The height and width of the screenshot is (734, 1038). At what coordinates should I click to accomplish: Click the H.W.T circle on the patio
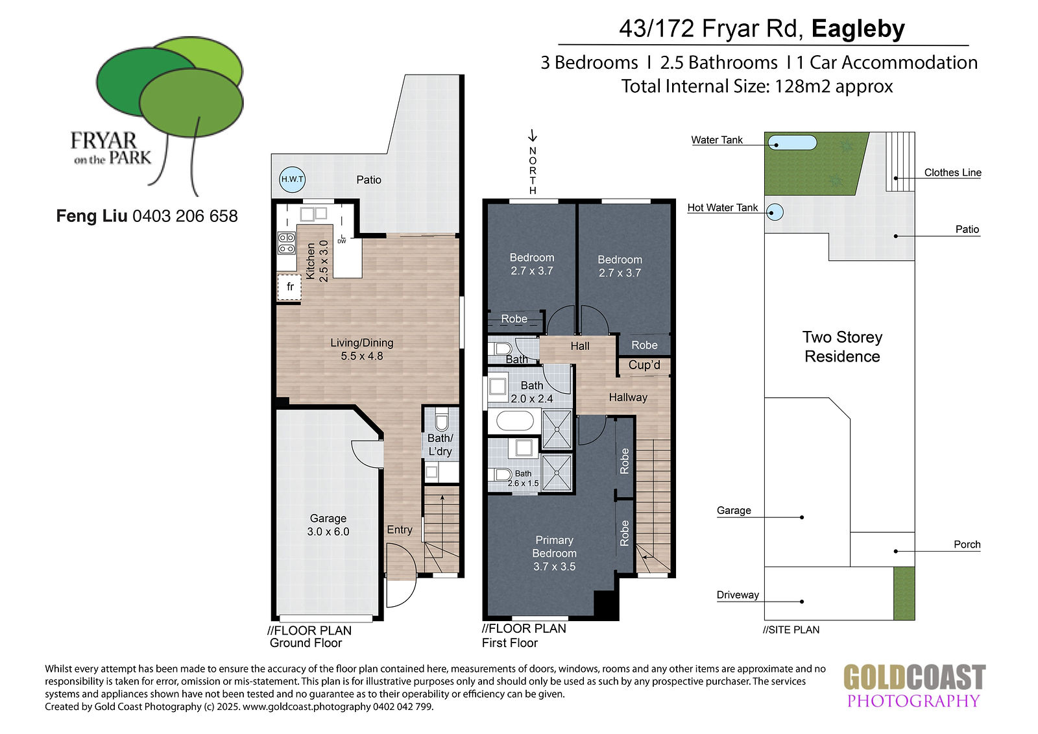tap(293, 179)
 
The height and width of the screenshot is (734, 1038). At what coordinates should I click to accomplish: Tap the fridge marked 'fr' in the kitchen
tap(289, 287)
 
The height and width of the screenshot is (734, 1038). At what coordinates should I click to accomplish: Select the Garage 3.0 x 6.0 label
tap(328, 525)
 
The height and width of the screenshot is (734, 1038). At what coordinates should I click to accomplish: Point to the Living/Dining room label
tap(362, 349)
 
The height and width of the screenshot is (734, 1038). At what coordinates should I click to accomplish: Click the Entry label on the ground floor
tap(400, 530)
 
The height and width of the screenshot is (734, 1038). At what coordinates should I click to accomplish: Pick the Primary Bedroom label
tap(554, 553)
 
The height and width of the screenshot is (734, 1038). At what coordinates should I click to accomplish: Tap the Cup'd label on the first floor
tap(644, 365)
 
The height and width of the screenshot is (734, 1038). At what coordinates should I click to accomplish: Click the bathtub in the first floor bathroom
tap(515, 421)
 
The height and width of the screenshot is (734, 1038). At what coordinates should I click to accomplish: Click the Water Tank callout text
tap(716, 140)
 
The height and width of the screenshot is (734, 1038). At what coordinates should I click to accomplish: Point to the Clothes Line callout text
tap(953, 173)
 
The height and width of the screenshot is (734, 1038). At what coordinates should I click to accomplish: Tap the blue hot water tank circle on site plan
tap(775, 212)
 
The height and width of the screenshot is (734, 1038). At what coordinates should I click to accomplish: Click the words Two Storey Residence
tap(842, 347)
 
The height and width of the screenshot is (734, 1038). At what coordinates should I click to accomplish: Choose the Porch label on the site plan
tap(967, 544)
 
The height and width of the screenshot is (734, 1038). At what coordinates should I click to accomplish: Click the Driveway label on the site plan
tap(738, 595)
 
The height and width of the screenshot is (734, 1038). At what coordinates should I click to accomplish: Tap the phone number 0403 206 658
tap(185, 216)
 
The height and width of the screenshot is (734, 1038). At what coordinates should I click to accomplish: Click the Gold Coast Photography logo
tap(914, 685)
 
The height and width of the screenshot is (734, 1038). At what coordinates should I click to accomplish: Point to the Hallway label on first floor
tap(628, 397)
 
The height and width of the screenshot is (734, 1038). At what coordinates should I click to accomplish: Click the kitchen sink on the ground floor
tap(313, 214)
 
